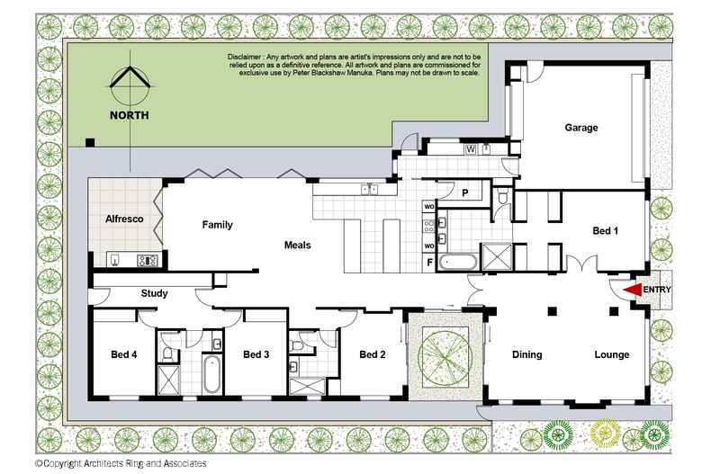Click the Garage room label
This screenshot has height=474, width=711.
coord(581,128)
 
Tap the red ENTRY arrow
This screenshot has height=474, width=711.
coord(630,290)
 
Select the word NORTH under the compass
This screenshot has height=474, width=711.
coord(130,115)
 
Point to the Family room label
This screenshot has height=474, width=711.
coord(218,225)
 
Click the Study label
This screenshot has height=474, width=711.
coord(155,293)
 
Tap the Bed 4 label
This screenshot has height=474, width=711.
coord(123,354)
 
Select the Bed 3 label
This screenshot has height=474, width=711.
coord(256,354)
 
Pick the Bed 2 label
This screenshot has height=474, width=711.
coord(372,354)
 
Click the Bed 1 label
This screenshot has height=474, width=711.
coord(606,232)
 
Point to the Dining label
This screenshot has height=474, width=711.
coord(527,354)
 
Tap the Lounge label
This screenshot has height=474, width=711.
coord(611,354)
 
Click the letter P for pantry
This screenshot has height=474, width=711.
coord(465,193)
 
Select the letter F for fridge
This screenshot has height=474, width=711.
coord(429,262)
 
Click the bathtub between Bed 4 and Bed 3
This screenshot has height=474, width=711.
coord(211,374)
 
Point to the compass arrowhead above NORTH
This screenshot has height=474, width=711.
coord(130,78)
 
